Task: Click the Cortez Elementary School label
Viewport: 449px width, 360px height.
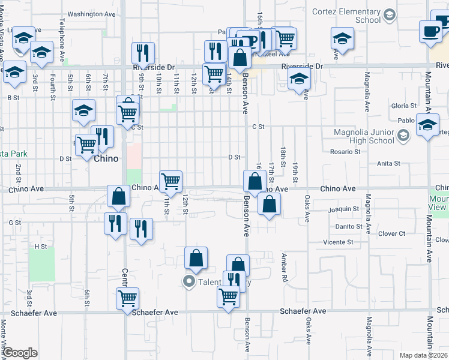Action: pyautogui.click(x=347, y=16)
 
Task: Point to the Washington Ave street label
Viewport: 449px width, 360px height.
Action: pyautogui.click(x=91, y=14)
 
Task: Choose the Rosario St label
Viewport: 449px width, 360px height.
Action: pyautogui.click(x=345, y=152)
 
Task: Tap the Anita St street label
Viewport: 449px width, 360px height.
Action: pyautogui.click(x=388, y=163)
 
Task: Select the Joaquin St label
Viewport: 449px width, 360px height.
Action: pyautogui.click(x=345, y=209)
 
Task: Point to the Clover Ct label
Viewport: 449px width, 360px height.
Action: pyautogui.click(x=393, y=233)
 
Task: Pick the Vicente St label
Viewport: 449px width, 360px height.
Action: pyautogui.click(x=338, y=242)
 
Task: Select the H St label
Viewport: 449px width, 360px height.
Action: pyautogui.click(x=41, y=247)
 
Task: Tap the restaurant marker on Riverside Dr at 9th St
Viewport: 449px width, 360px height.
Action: pyautogui.click(x=143, y=53)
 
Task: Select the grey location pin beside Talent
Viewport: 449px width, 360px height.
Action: pyautogui.click(x=189, y=281)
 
